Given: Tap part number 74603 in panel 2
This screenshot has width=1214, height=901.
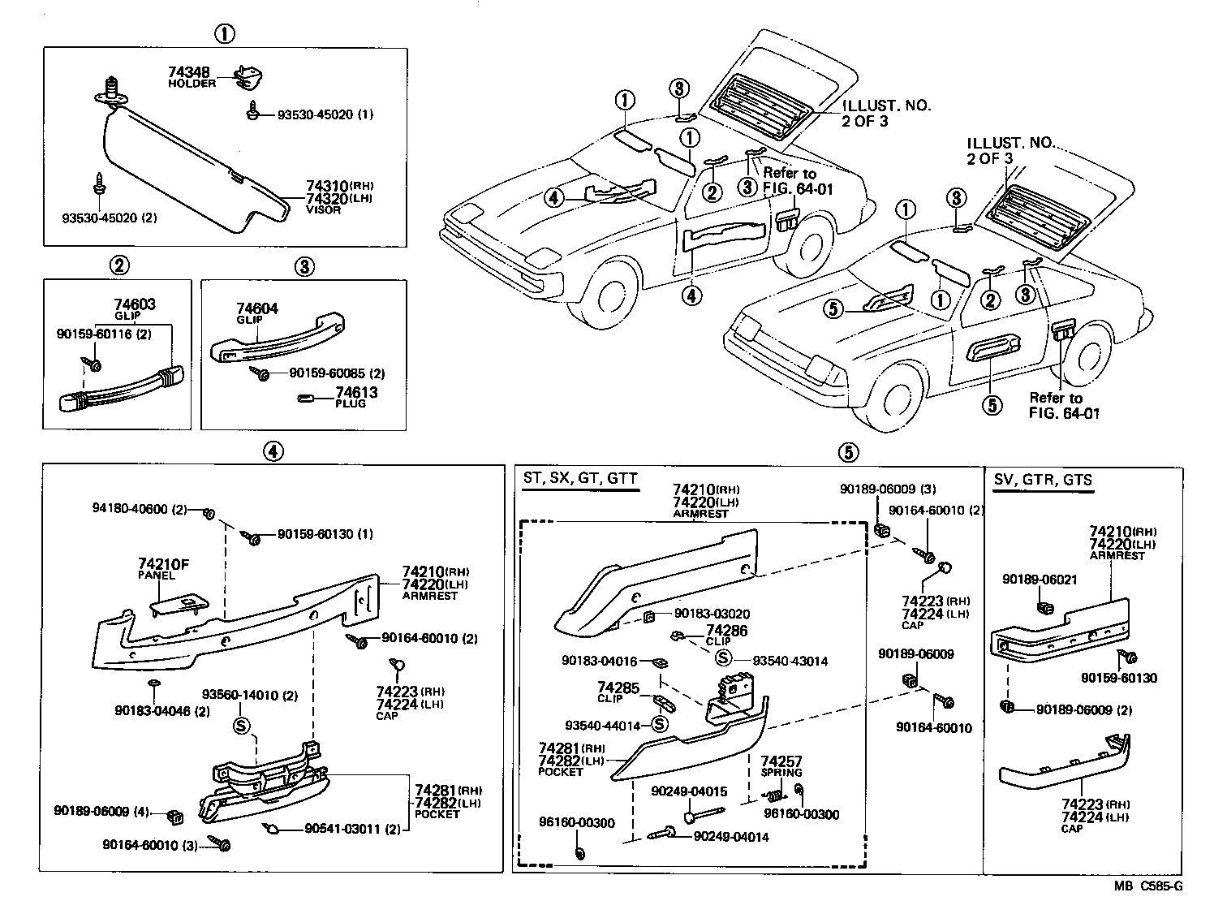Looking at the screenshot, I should [x=135, y=304].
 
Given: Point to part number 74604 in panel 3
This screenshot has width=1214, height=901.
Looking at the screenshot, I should [x=257, y=309].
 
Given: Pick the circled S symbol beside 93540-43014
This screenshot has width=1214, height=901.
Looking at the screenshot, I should [x=723, y=661].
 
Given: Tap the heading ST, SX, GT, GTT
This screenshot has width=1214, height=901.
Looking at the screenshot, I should [x=579, y=479].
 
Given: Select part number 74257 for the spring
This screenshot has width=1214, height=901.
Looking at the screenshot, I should [x=781, y=761].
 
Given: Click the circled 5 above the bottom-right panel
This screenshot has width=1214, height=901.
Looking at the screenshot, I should [x=847, y=450].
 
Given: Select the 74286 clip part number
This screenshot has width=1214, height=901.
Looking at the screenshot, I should [x=726, y=630].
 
